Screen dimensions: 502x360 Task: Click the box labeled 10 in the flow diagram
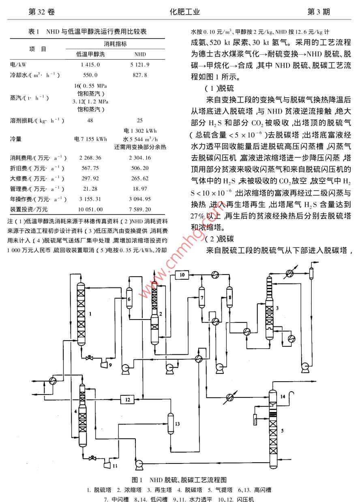[x=182, y=275]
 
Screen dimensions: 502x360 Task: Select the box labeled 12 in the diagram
[x=128, y=400]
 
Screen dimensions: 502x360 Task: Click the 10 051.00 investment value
[x=91, y=209]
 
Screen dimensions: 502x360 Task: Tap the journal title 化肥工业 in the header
[x=185, y=12]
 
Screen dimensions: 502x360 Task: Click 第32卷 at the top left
[x=41, y=12]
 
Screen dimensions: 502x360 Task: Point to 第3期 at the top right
[x=319, y=12]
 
